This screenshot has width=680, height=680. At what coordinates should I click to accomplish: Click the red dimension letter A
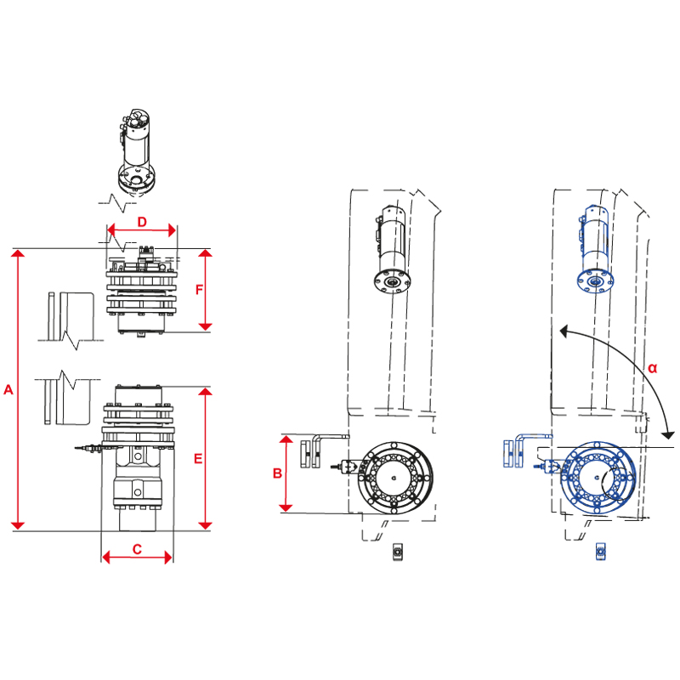tap(8, 389)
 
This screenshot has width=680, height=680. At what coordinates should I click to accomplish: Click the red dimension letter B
tap(278, 473)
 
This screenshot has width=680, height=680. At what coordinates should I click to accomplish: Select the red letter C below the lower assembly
tap(137, 549)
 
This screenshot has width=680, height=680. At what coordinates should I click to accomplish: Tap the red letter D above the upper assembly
tap(142, 222)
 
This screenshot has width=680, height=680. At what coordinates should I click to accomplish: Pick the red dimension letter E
tap(198, 458)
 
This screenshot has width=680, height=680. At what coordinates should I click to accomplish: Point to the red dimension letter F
tap(199, 290)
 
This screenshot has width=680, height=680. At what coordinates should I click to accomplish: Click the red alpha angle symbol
tap(652, 368)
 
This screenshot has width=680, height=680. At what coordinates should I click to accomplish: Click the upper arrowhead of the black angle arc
tap(564, 331)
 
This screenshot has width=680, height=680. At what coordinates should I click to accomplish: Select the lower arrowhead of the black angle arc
tap(668, 434)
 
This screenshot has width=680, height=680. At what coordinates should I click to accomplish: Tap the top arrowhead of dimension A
tap(18, 252)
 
